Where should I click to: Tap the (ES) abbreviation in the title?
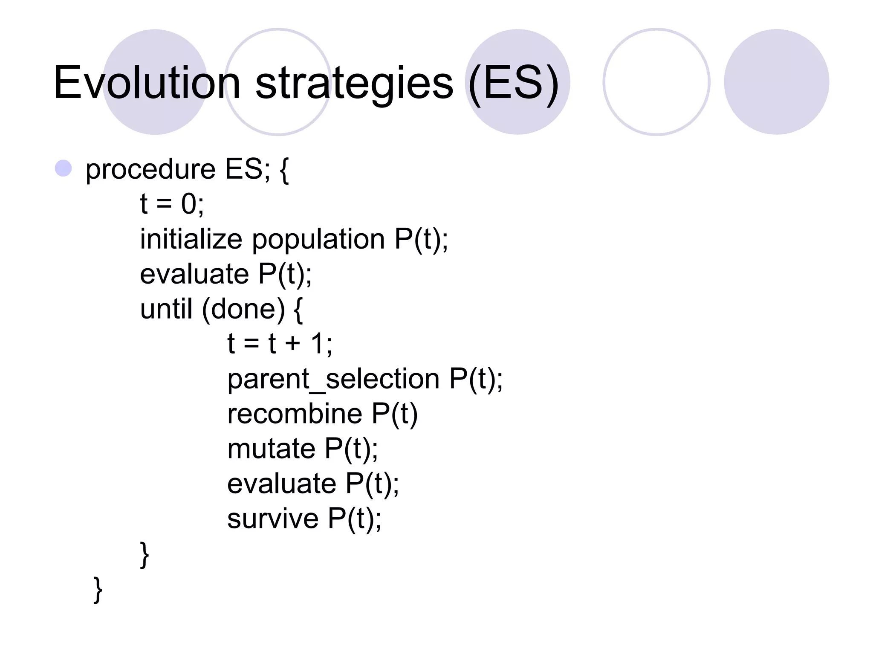513,84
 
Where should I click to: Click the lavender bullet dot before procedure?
64,168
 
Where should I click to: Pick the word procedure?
150,170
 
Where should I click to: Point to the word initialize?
191,239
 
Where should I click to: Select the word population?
318,240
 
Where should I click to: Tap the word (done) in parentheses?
243,309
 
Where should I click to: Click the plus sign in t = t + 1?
293,343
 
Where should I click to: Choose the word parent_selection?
333,379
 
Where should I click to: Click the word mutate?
271,449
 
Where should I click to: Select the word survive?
273,519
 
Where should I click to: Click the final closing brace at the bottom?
98,590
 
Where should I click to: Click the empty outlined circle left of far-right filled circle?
656,82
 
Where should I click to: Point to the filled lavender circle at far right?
776,82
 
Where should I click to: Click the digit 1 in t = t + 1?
318,343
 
